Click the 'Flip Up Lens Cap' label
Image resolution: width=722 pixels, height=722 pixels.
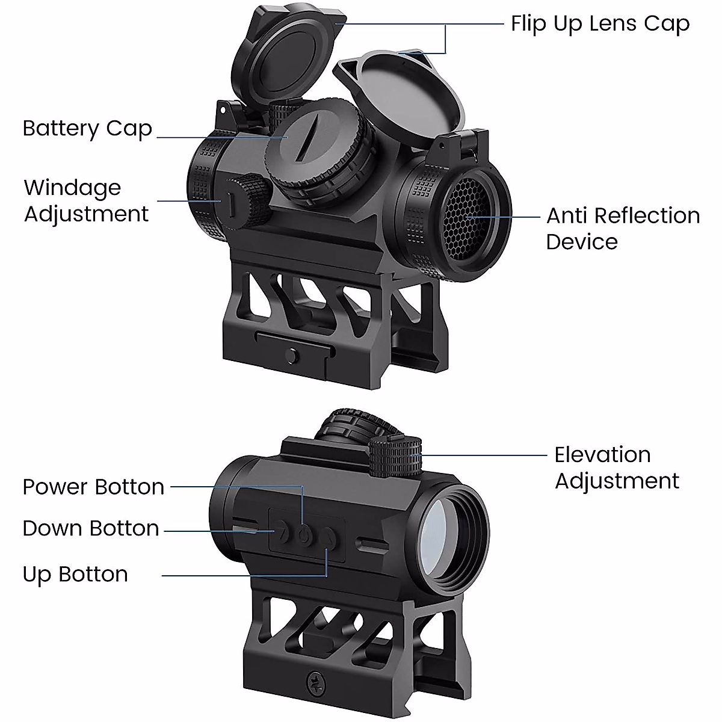600,24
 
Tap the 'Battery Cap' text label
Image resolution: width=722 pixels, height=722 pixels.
87,129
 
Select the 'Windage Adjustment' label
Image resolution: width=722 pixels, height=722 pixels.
86,201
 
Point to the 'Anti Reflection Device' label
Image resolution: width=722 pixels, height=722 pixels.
623,229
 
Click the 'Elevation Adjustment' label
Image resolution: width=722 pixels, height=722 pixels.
617,467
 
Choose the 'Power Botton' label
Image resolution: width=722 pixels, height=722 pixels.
93,487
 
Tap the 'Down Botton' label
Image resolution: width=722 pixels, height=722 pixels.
91,528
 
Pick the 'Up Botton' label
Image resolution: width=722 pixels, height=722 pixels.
75,574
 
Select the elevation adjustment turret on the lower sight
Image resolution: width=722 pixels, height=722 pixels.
395,457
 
